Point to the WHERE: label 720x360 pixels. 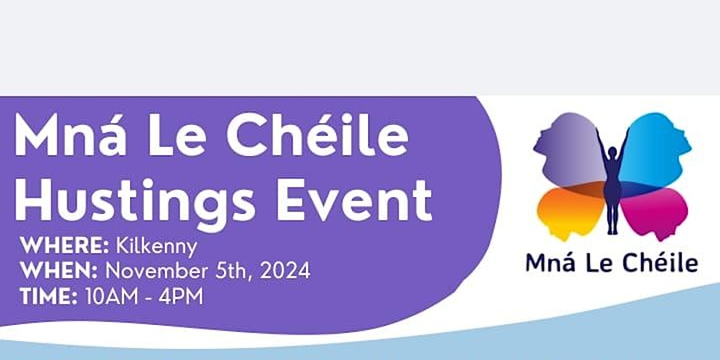pos(64,247)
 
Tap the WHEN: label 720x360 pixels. pos(59,271)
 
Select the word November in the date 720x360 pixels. pos(156,271)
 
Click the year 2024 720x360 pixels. pos(285,271)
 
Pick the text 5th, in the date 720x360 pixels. pos(234,272)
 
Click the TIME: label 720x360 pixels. pos(49,296)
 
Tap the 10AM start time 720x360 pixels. pos(112,296)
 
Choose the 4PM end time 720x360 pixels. pos(181,296)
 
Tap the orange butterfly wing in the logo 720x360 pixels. pos(571,212)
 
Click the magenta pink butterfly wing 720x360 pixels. pos(654,212)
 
